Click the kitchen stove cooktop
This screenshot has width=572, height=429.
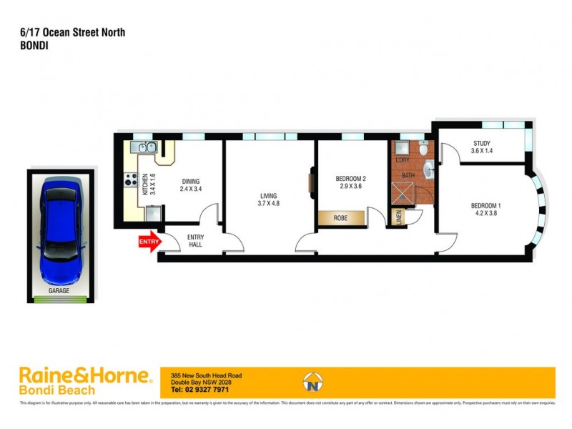[x=131, y=180]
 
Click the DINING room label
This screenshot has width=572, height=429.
[x=190, y=181]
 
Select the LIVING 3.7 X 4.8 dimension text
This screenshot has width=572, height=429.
[x=268, y=204]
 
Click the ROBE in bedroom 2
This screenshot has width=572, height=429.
[x=340, y=217]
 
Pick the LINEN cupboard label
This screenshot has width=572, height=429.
[x=399, y=217]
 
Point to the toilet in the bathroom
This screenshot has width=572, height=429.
[x=423, y=150]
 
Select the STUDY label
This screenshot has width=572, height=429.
[x=481, y=142]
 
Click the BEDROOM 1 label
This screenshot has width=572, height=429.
[x=485, y=206]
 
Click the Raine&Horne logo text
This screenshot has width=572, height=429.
[x=84, y=375]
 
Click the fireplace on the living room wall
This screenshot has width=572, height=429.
[x=312, y=180]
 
